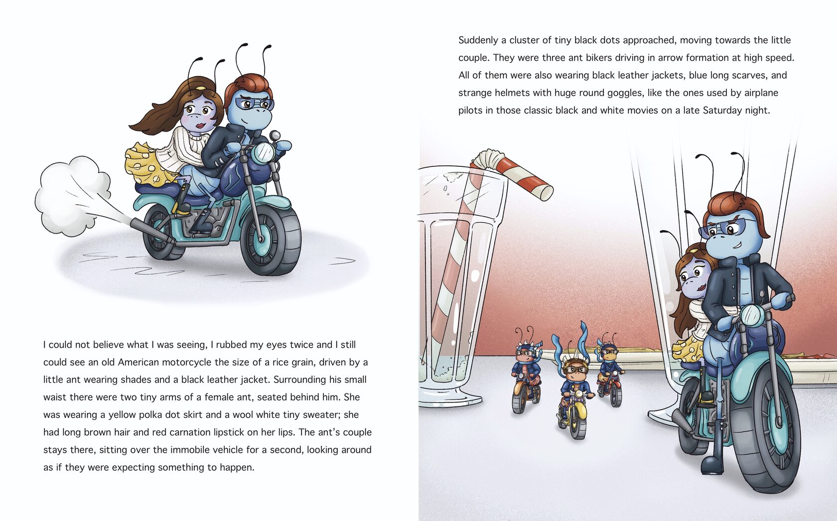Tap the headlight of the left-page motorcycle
[264, 152]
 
